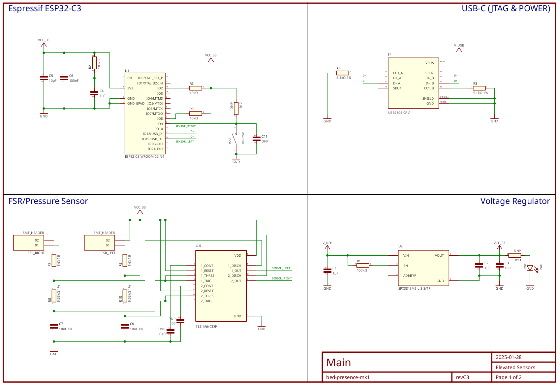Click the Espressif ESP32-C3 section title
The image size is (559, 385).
click(45, 9)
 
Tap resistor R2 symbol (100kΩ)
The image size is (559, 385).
click(94, 63)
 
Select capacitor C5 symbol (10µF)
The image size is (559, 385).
click(44, 78)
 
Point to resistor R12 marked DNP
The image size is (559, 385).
click(236, 108)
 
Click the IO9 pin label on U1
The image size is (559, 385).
click(160, 124)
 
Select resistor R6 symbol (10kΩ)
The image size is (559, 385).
click(196, 88)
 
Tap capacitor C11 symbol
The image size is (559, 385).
click(256, 139)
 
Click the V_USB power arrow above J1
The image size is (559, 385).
click(459, 49)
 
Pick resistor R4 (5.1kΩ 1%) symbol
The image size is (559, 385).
click(342, 73)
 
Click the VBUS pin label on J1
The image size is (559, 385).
click(429, 63)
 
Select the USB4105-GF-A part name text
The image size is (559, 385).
click(399, 113)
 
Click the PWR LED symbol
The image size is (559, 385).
click(530, 268)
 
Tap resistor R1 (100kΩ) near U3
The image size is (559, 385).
click(362, 265)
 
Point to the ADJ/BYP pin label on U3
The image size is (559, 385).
click(410, 276)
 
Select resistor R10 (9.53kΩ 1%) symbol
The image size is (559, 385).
click(125, 296)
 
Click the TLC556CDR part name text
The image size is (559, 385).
click(206, 327)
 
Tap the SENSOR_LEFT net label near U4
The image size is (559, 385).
click(281, 268)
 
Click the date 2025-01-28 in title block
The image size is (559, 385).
click(509, 357)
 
